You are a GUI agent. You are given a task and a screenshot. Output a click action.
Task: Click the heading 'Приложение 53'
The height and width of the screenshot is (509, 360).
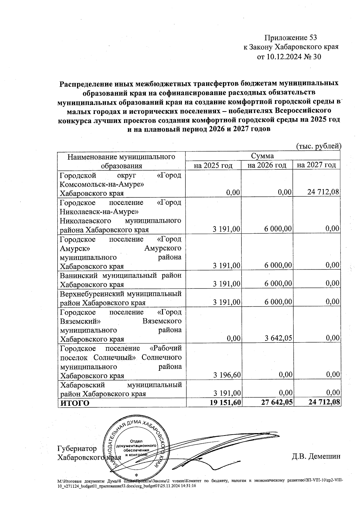pyautogui.click(x=290, y=38)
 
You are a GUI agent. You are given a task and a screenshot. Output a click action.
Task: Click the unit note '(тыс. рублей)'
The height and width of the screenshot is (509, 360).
pyautogui.click(x=319, y=146)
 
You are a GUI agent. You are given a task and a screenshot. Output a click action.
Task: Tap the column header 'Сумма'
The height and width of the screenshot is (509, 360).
pyautogui.click(x=262, y=156)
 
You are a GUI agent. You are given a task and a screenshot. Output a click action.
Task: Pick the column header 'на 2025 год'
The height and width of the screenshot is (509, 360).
pyautogui.click(x=213, y=165)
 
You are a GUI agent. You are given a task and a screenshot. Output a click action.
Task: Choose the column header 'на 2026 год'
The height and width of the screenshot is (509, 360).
pyautogui.click(x=267, y=165)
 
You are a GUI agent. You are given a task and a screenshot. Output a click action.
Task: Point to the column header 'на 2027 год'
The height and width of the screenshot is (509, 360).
pyautogui.click(x=316, y=165)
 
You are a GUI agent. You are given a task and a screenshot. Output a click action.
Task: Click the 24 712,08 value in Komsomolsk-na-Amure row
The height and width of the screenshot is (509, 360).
pyautogui.click(x=323, y=192)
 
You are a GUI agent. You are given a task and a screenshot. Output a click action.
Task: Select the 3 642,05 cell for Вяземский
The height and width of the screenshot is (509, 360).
pyautogui.click(x=278, y=339)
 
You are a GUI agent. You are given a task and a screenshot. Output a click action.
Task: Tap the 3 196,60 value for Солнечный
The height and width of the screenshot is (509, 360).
pyautogui.click(x=227, y=375)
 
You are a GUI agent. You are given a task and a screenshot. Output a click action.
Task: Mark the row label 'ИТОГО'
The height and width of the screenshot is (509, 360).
pyautogui.click(x=75, y=403)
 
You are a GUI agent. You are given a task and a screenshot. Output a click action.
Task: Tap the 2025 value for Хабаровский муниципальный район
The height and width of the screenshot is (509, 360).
pyautogui.click(x=227, y=393)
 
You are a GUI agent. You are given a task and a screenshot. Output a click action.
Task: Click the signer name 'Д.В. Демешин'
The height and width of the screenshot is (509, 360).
pyautogui.click(x=316, y=457)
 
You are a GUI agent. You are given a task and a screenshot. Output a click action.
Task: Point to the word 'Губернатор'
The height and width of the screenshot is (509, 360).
pyautogui.click(x=77, y=449)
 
